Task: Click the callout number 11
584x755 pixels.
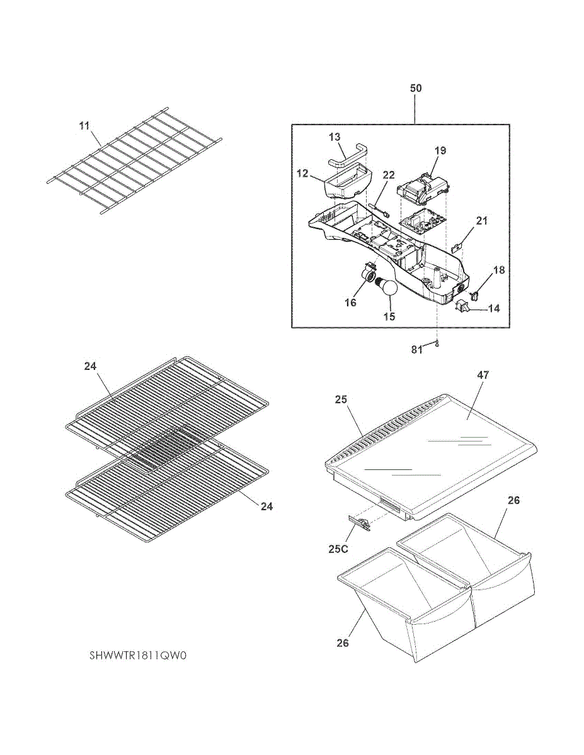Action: pos(84,126)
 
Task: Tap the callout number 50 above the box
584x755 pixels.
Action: pos(416,88)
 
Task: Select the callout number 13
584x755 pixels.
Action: pos(335,137)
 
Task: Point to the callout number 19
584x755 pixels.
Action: pos(440,150)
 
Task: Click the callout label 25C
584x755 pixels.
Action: pos(338,549)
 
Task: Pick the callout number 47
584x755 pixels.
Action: pos(483,375)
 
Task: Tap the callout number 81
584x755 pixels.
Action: pos(417,350)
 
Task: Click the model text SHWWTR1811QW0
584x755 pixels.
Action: pos(139,656)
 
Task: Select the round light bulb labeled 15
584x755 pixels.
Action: pos(389,289)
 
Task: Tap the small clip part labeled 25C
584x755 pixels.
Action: pos(357,522)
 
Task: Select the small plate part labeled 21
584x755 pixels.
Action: pos(461,247)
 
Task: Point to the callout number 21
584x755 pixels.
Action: pos(482,221)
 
